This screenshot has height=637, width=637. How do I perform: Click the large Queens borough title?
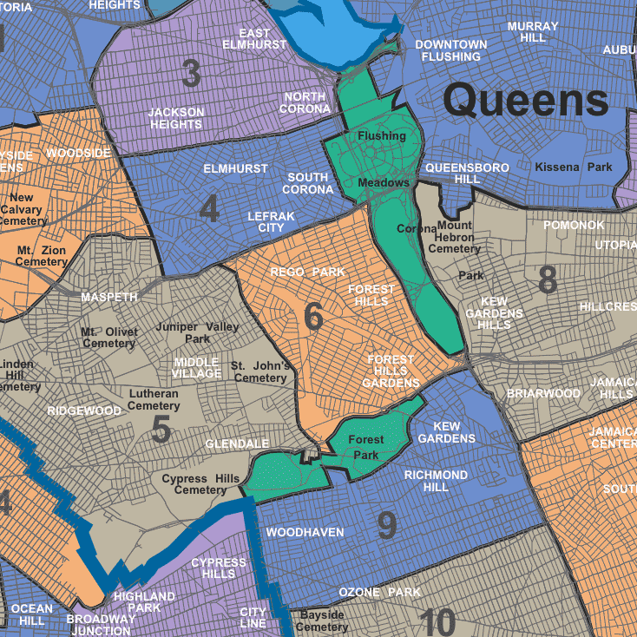[526, 102]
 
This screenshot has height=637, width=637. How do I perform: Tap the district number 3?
[192, 75]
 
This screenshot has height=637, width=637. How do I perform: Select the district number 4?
[209, 209]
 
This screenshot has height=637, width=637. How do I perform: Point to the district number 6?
[313, 318]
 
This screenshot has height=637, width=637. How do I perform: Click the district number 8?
[548, 280]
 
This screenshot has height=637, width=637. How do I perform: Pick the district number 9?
[387, 524]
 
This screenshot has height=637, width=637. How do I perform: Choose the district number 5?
[161, 430]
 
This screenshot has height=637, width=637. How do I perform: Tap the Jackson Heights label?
[176, 118]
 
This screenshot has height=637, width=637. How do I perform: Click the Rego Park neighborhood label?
[307, 272]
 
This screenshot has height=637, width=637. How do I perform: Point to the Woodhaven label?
[305, 532]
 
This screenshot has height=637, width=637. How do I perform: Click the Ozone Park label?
[379, 592]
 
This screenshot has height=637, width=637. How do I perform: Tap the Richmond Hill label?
[436, 481]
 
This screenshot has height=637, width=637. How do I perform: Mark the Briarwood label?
[543, 393]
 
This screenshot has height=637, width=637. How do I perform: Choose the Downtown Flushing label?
[450, 50]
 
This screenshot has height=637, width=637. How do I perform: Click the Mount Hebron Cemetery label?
[454, 237]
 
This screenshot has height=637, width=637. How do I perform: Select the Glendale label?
[237, 443]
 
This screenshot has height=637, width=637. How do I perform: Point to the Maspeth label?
[109, 297]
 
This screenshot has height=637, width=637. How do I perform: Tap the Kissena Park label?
[574, 167]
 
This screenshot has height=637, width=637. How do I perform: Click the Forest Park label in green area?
[365, 447]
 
